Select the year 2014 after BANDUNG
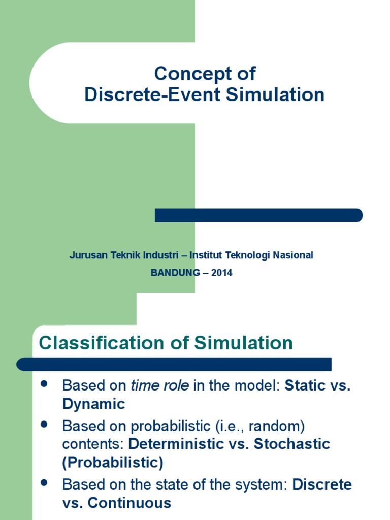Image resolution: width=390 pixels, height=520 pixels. (x=222, y=273)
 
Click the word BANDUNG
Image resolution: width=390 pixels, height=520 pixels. (x=176, y=273)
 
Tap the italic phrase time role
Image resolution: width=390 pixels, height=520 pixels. (x=160, y=385)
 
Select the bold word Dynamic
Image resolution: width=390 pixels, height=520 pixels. (x=93, y=404)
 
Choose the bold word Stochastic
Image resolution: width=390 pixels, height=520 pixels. (x=292, y=444)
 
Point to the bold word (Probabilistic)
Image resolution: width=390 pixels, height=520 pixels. (x=113, y=463)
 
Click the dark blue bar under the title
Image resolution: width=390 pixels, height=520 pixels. (x=258, y=215)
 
